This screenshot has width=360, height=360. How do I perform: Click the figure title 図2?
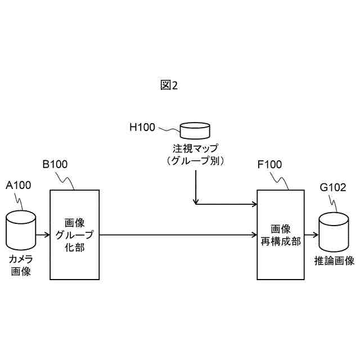[169, 85]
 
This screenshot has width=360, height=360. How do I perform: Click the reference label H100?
[142, 127]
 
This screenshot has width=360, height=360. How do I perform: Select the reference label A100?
[18, 185]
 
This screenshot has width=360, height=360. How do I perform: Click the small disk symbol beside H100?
[195, 132]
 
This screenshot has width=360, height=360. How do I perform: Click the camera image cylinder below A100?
[21, 229]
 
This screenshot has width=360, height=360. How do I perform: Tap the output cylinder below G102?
[334, 232]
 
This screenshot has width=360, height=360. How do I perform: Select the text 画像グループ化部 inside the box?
[75, 234]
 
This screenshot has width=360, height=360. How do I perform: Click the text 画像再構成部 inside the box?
[281, 235]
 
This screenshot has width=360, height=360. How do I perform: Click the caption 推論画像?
[334, 261]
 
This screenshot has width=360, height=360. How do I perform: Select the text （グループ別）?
[195, 161]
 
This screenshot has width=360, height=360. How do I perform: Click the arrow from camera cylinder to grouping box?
[43, 234]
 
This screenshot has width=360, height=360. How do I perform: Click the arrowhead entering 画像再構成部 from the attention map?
[253, 203]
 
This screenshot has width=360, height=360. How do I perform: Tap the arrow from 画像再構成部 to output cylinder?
[310, 234]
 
